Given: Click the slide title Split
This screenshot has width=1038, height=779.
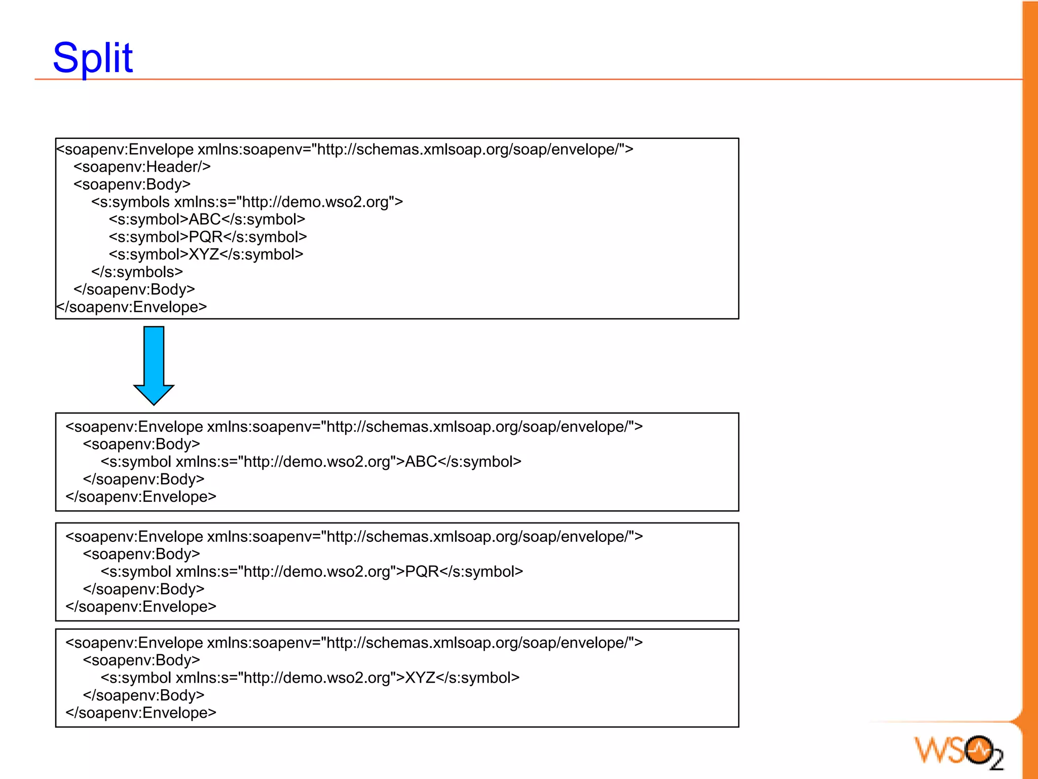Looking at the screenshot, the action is (93, 58).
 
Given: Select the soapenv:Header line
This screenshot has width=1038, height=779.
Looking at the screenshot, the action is (142, 167).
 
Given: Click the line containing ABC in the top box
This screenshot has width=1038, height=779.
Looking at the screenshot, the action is (207, 219).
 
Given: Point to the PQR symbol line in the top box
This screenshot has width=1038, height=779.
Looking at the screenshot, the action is (208, 237).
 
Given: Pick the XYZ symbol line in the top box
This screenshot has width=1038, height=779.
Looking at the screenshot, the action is (206, 254).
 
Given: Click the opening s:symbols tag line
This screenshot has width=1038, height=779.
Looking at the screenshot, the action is (247, 202).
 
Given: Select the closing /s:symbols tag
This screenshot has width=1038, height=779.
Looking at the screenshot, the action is (137, 272).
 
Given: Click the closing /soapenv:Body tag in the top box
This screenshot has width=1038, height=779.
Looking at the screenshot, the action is (134, 289).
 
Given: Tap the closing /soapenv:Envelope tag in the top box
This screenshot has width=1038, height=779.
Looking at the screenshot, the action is (132, 307).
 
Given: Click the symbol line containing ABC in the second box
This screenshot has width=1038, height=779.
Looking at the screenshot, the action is (311, 462).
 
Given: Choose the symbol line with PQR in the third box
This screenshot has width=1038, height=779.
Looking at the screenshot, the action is (312, 572).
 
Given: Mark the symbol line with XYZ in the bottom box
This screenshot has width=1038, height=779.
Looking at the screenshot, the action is (310, 678).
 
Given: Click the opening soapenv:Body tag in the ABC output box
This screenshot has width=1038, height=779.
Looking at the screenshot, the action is (141, 444).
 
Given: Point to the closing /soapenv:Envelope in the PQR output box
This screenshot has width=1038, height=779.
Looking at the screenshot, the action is (141, 607).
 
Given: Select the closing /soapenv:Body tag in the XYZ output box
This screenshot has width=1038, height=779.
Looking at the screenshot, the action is (143, 695).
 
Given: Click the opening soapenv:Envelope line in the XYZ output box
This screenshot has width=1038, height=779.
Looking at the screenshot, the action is (354, 643).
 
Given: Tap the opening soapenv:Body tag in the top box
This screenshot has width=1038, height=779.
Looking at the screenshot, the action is (132, 184).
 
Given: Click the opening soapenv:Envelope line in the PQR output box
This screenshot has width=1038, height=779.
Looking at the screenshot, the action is (354, 537).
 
